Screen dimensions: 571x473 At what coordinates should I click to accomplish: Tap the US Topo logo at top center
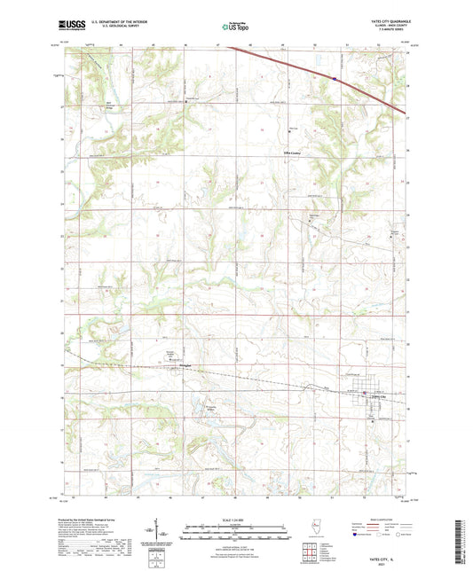233,27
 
